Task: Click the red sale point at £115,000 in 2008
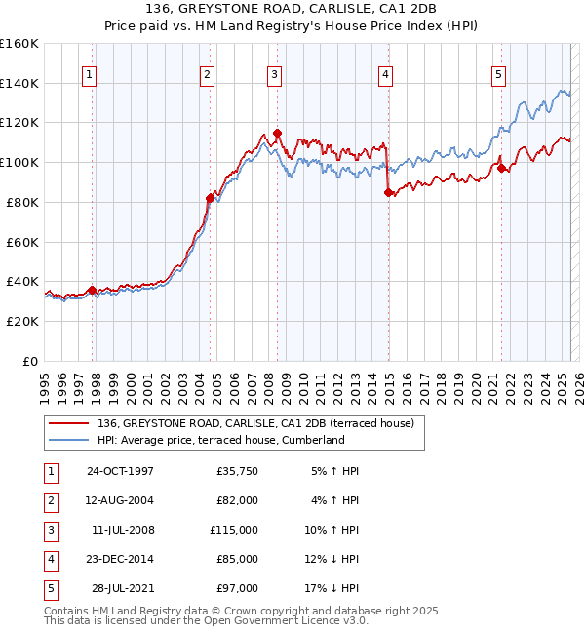277,133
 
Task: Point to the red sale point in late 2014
388,192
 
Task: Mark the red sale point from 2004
210,198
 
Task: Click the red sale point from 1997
93,290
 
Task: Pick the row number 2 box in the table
49,500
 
